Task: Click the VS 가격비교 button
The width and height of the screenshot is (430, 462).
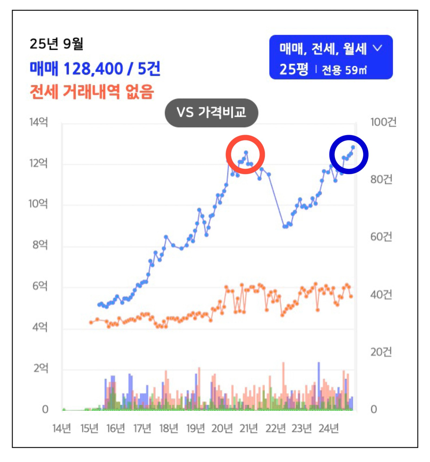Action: (x=211, y=113)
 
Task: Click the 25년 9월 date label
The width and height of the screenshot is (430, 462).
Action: (x=56, y=44)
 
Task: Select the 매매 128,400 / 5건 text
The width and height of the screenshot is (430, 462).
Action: (x=95, y=69)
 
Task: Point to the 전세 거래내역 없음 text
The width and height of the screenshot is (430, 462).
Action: (x=92, y=92)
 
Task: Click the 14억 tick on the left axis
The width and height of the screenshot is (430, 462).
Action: (x=39, y=122)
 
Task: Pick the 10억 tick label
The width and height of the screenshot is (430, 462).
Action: (x=38, y=204)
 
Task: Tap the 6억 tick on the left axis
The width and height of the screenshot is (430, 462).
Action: (x=40, y=286)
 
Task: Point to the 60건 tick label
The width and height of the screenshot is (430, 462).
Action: (x=381, y=237)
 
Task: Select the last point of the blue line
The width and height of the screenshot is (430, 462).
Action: (x=353, y=147)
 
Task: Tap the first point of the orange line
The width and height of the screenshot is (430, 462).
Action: (x=91, y=323)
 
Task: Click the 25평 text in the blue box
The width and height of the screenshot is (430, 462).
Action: (x=294, y=70)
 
